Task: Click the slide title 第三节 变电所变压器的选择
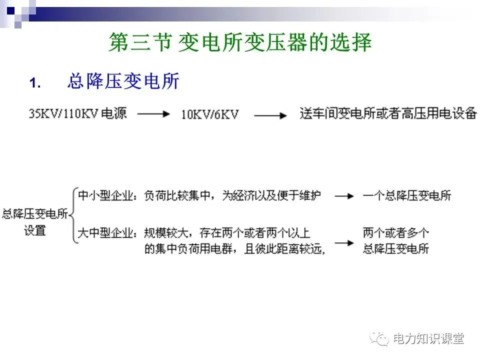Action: pos(240,43)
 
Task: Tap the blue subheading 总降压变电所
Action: pos(123,81)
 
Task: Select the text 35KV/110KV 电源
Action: pos(78,114)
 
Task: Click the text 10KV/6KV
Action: pos(209,114)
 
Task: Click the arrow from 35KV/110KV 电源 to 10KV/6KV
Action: pos(153,114)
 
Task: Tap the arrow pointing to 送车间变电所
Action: pos(270,114)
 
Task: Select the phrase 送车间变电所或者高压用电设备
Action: pos(388,113)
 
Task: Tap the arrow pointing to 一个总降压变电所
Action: pos(344,196)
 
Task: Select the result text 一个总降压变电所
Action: pos(407,195)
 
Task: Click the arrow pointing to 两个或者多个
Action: pos(344,242)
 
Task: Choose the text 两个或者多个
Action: pos(396,233)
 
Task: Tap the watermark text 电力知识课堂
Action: pos(428,339)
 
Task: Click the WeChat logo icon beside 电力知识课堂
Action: pos(379,339)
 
